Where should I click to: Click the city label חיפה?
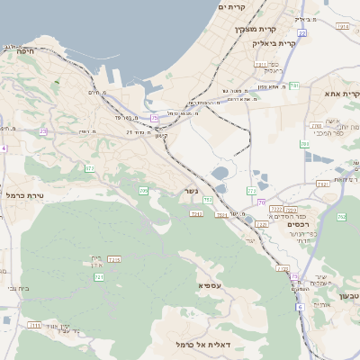point(24,52)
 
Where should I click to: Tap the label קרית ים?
point(231,7)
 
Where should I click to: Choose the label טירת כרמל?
point(25,194)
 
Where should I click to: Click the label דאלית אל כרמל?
point(200,345)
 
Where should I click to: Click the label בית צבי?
point(17,288)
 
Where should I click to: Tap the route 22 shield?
point(302,32)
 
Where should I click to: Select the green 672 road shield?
point(89,168)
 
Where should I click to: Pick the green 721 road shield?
point(99,276)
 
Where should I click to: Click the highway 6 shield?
point(300,307)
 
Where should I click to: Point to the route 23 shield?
point(43,131)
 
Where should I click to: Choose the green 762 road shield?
point(342,217)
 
